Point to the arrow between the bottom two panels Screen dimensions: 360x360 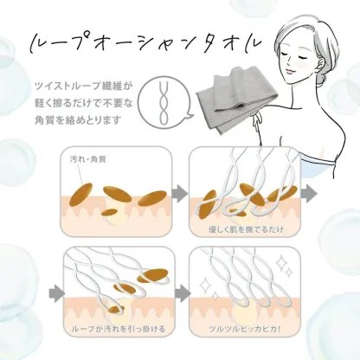pos(178,293)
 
